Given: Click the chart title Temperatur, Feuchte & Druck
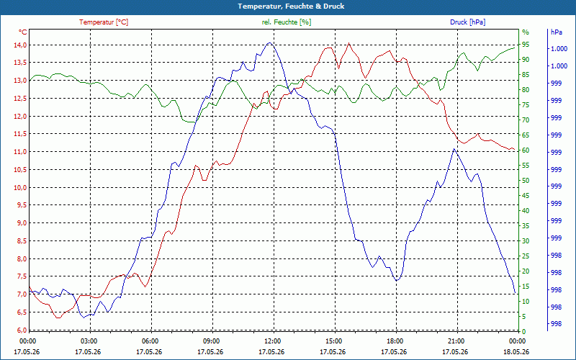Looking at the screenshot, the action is pyautogui.click(x=291, y=6).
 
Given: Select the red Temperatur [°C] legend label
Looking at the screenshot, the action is pyautogui.click(x=104, y=22).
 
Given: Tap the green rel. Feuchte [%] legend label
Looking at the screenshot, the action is pyautogui.click(x=286, y=22).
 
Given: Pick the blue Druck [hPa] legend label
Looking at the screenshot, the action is pyautogui.click(x=467, y=22).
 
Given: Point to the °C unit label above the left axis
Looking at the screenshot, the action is pyautogui.click(x=23, y=32).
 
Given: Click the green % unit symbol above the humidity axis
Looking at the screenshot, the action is pyautogui.click(x=526, y=32).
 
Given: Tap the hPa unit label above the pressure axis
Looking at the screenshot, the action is pyautogui.click(x=557, y=32).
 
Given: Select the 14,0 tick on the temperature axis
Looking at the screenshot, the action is pyautogui.click(x=21, y=45).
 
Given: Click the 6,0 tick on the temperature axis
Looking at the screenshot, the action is pyautogui.click(x=21, y=330).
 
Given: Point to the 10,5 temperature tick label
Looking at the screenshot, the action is pyautogui.click(x=21, y=169).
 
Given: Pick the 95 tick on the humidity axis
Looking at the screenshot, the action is pyautogui.click(x=526, y=45).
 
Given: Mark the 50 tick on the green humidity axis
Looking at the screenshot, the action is pyautogui.click(x=526, y=181).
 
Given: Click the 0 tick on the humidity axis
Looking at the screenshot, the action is pyautogui.click(x=524, y=332).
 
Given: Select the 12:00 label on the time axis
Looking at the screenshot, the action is pyautogui.click(x=272, y=341).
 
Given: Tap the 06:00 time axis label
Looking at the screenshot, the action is pyautogui.click(x=150, y=341).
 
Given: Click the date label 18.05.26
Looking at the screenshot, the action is pyautogui.click(x=516, y=352).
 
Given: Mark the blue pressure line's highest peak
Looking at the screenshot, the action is pyautogui.click(x=269, y=42).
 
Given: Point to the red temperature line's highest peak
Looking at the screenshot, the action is pyautogui.click(x=348, y=43).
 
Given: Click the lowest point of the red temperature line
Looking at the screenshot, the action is pyautogui.click(x=58, y=318).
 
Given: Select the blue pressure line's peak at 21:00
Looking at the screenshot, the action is pyautogui.click(x=454, y=149).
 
